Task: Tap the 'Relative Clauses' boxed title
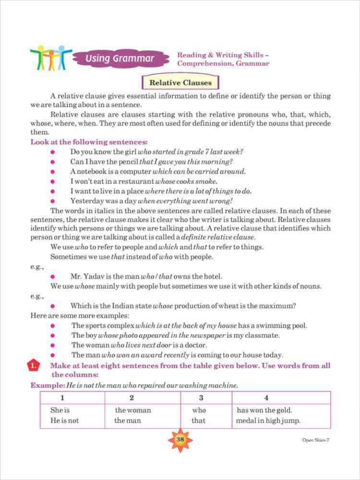[x=180, y=83]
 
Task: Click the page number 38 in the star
[x=180, y=439]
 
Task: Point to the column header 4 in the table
[x=266, y=398]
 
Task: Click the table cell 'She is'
[x=60, y=410]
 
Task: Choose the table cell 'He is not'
[x=64, y=420]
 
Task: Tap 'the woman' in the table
[x=133, y=410]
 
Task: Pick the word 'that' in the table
[x=198, y=420]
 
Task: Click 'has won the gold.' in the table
[x=264, y=410]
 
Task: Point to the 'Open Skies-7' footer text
[x=315, y=440]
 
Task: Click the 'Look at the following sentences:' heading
[x=89, y=142]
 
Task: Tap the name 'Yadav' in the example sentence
[x=97, y=276]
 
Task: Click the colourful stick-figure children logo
[x=50, y=58]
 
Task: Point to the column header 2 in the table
[x=132, y=398]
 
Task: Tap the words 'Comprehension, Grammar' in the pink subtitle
[x=223, y=64]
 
